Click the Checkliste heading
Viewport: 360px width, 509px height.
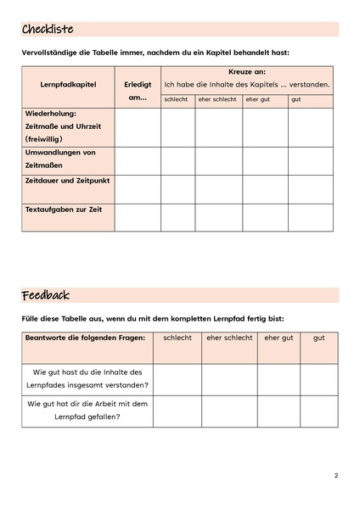point(48,30)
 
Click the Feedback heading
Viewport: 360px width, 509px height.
point(46,295)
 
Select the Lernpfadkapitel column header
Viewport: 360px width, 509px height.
point(68,85)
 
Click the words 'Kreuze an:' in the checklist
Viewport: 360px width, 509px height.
point(247,72)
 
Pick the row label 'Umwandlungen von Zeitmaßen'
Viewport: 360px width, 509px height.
point(60,159)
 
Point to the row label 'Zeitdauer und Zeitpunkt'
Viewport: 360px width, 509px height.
point(67,181)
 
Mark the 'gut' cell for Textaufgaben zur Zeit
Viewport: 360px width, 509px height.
point(310,217)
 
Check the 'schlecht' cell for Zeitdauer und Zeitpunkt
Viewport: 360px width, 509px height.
point(177,189)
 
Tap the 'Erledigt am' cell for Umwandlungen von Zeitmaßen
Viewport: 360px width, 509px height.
point(137,160)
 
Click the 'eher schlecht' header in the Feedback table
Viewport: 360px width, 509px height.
point(229,338)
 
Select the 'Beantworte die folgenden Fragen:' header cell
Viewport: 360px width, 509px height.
point(85,338)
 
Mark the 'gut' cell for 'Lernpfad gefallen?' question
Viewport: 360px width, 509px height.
point(318,411)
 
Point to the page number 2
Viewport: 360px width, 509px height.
point(336,476)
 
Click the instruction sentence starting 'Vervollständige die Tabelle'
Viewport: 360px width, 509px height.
point(155,53)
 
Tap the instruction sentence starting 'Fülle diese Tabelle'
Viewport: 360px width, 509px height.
point(153,318)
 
